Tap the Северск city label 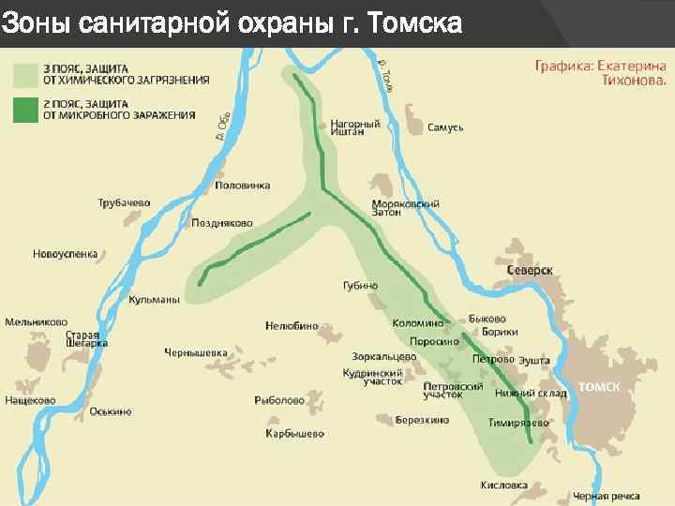530,270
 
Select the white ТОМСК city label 599,386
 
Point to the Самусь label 445,126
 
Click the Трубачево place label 124,202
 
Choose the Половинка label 243,186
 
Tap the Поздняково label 222,223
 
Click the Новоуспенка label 65,253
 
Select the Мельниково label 36,321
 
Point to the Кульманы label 154,299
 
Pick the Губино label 360,285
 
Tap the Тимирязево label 518,423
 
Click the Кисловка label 503,485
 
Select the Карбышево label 294,433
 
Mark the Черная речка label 606,495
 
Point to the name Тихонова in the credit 635,82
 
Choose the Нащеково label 30,400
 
